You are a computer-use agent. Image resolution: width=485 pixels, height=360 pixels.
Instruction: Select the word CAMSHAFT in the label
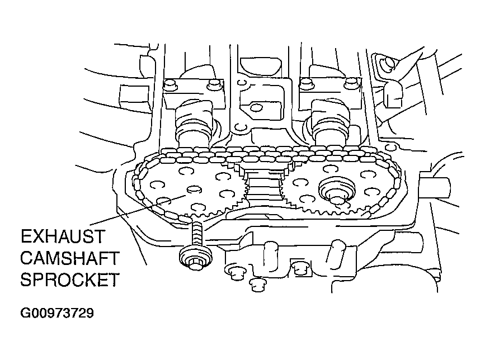[x=70, y=258]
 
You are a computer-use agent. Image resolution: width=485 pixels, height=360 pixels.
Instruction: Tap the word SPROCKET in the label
[x=70, y=280]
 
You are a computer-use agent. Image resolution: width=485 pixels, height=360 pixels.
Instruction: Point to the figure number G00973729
[x=56, y=312]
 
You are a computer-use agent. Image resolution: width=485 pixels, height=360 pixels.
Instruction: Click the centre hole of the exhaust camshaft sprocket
[x=194, y=190]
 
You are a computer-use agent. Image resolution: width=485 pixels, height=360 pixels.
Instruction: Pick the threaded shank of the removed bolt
[x=197, y=234]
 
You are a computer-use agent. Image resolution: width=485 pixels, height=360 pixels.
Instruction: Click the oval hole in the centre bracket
[x=257, y=107]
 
